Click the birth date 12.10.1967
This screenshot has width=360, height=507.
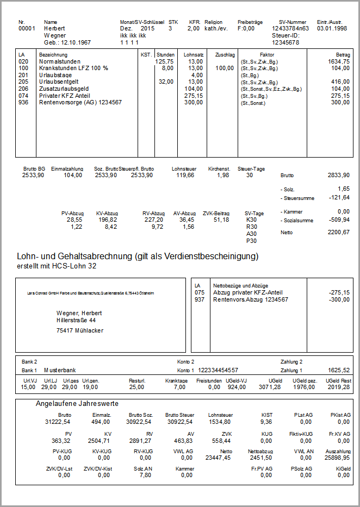(76, 42)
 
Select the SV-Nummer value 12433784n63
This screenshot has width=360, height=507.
(290, 28)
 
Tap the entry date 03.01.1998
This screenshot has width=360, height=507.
(332, 28)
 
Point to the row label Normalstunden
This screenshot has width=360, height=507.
(60, 62)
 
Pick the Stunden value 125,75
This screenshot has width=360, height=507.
(164, 62)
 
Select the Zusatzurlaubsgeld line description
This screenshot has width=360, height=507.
(64, 88)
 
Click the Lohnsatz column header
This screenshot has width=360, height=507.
(194, 55)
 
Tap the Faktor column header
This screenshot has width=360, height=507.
(267, 55)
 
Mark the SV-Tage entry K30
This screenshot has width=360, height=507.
(251, 220)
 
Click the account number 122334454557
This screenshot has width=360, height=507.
(218, 370)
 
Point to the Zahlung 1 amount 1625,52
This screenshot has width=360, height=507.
(339, 370)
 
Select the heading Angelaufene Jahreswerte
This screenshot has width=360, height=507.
(77, 404)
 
